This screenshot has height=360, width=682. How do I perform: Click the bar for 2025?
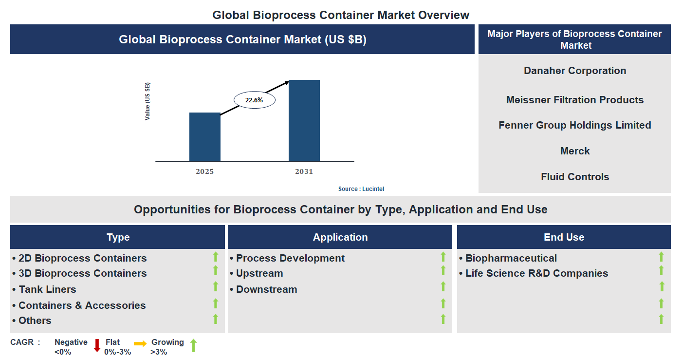(x=204, y=137)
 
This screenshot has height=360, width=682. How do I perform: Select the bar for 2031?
(x=304, y=120)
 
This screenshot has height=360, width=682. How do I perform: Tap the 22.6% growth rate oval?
(x=254, y=100)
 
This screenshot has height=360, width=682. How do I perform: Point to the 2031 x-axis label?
(x=304, y=171)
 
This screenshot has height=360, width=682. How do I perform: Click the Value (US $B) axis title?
(x=147, y=101)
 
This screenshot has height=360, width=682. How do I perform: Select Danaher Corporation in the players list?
(x=574, y=71)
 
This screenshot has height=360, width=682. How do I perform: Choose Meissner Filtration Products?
(x=574, y=100)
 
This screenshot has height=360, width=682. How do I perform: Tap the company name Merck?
(x=574, y=151)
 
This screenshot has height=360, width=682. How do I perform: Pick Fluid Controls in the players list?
(x=574, y=177)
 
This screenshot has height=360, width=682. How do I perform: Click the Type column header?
(x=118, y=237)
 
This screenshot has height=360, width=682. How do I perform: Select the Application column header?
(x=340, y=237)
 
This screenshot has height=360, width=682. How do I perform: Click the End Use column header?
(x=564, y=237)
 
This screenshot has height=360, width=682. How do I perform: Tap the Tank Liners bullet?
(x=47, y=289)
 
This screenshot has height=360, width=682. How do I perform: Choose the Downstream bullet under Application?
(x=266, y=289)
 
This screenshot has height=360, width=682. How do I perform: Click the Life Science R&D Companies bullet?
(x=536, y=273)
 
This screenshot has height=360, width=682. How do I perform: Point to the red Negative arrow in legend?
(x=97, y=345)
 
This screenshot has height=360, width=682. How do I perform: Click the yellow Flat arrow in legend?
(x=140, y=344)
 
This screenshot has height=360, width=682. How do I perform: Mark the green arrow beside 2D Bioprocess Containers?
(x=215, y=257)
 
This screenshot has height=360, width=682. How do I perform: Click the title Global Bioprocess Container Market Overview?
(x=341, y=15)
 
